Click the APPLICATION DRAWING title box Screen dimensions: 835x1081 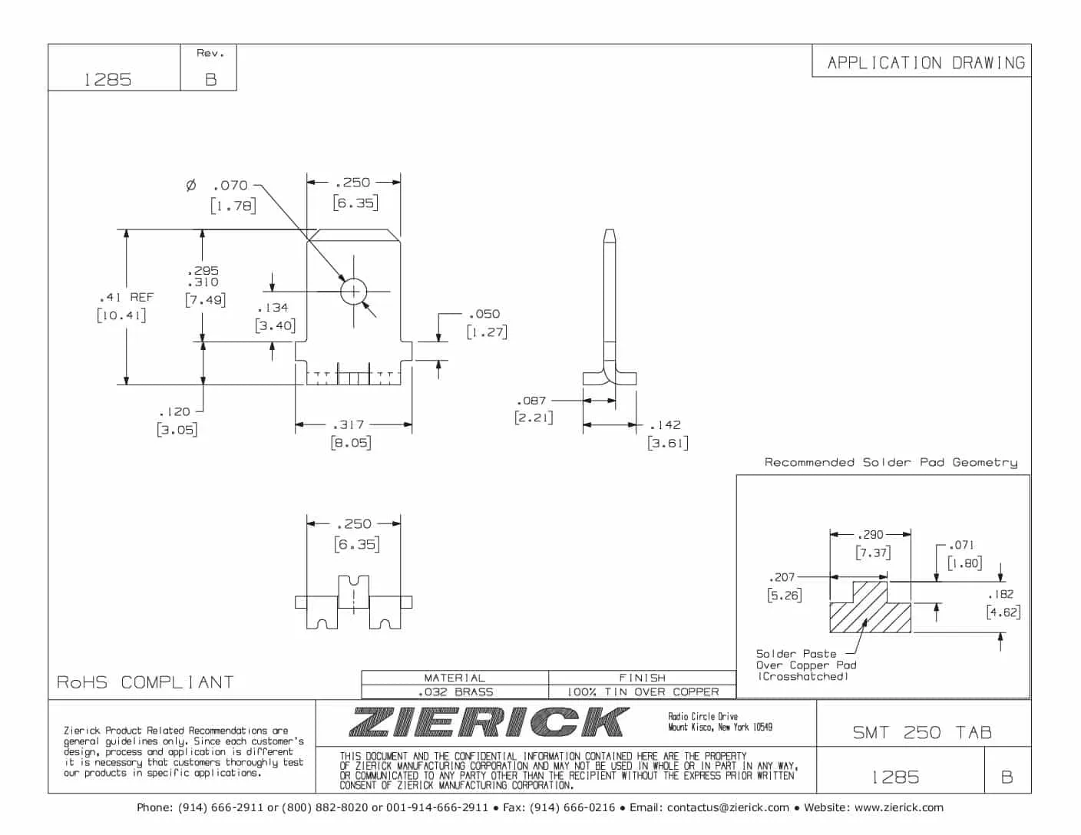(x=925, y=62)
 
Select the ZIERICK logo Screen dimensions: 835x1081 (x=488, y=722)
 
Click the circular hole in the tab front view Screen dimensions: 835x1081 (x=354, y=292)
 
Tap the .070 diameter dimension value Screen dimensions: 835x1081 (x=230, y=185)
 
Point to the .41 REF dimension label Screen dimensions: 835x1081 (x=126, y=297)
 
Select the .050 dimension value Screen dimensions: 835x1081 (x=484, y=314)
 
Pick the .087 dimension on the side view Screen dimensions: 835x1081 (x=531, y=401)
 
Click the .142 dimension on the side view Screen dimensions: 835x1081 (x=665, y=424)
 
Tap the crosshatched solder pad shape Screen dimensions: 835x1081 (x=869, y=611)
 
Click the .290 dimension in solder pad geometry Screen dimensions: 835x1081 (x=871, y=534)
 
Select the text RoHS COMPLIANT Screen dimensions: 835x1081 (x=145, y=682)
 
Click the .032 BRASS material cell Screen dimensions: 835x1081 (x=455, y=691)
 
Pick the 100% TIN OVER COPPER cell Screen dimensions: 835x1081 (x=643, y=691)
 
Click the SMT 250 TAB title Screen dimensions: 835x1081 (x=922, y=732)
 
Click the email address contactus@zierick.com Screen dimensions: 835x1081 (x=728, y=807)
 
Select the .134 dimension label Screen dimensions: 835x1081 (x=273, y=308)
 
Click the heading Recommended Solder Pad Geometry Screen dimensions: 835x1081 (x=891, y=462)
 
